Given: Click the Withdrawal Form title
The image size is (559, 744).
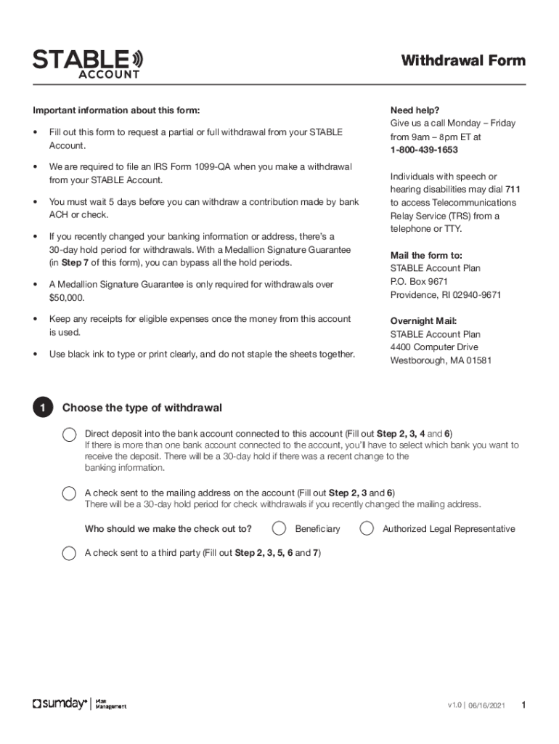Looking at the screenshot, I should click(x=463, y=60).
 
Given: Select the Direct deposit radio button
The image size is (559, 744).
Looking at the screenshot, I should click(x=69, y=434).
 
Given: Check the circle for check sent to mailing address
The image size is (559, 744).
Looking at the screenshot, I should click(x=69, y=493).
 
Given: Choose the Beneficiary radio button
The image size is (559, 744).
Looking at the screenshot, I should click(x=279, y=528).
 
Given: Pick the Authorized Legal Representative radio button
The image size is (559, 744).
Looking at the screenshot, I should click(x=367, y=528).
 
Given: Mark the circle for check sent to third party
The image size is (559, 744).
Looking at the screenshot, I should click(x=69, y=553).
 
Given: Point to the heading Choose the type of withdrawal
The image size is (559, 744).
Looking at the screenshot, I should click(x=142, y=408).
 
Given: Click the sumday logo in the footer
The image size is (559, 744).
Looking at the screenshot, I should click(x=60, y=704).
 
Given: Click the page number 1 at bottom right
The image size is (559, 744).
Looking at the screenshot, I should click(x=523, y=705).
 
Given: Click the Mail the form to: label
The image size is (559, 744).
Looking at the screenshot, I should click(x=426, y=255).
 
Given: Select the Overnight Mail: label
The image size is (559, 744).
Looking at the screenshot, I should click(x=424, y=320).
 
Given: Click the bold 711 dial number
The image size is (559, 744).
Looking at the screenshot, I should click(x=513, y=190).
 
